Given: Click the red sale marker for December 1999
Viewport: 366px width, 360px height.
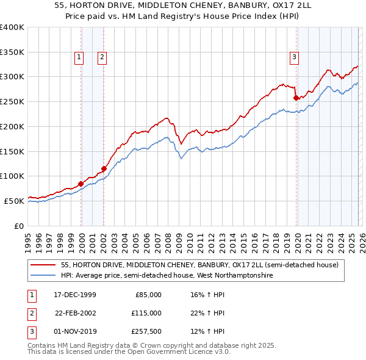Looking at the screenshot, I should coord(81,183).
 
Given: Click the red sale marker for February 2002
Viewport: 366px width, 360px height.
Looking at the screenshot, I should coord(104,168).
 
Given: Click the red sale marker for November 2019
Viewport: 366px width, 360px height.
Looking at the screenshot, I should coord(296,98).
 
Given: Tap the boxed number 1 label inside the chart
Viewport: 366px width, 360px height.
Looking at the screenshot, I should coord(79,57).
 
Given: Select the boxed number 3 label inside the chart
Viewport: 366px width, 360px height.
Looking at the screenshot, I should coord(294,57).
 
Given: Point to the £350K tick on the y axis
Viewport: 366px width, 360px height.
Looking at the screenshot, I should coord(12,52).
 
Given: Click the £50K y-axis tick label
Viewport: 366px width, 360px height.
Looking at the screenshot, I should coord(13,201).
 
